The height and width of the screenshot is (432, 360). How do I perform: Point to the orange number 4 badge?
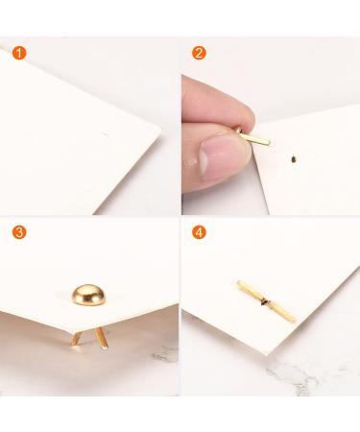coord(200,231)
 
